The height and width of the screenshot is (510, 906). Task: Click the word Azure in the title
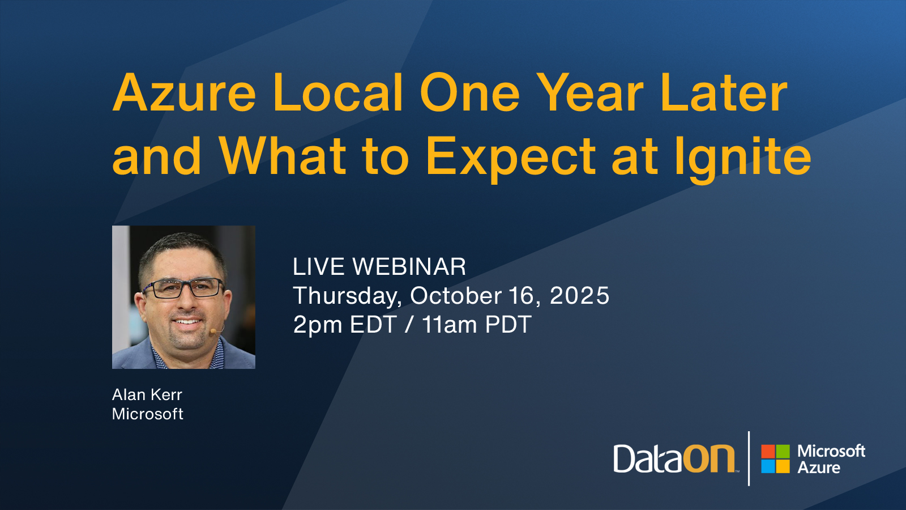coord(184,92)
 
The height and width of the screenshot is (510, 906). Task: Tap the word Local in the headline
coord(338,92)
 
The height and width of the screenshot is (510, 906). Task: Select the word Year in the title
coord(592,92)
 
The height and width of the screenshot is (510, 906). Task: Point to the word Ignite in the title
coord(742,159)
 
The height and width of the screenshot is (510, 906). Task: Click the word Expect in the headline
coord(511,159)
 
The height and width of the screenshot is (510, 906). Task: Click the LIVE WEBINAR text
coord(379,267)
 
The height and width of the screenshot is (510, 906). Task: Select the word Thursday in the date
coord(346,296)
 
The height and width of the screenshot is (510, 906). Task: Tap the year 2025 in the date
coord(579,295)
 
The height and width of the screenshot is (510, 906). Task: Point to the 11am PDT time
coord(476,325)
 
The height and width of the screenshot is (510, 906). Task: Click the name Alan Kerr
coord(147,394)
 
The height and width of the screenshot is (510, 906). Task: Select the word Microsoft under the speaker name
coord(148,414)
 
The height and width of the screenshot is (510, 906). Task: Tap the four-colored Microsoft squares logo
coord(775,458)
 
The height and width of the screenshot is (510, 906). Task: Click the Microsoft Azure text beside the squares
coord(831,459)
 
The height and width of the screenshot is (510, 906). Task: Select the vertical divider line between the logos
coord(749,458)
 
